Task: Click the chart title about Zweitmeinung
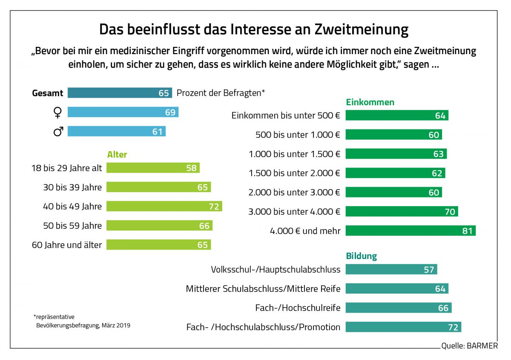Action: (254, 29)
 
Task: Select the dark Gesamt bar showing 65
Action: (119, 93)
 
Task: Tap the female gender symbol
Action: (57, 112)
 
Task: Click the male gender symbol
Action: (58, 132)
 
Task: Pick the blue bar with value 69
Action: (123, 112)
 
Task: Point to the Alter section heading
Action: (117, 155)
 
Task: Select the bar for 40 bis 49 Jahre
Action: (164, 207)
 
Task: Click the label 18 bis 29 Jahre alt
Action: (67, 168)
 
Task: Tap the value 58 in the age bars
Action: (191, 168)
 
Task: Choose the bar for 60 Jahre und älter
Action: (158, 245)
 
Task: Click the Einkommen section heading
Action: (370, 102)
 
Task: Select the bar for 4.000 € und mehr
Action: (411, 231)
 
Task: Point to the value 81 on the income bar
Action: (467, 231)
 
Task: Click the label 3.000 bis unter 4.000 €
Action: (294, 212)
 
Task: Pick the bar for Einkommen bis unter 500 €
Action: (397, 115)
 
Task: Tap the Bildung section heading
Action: (361, 256)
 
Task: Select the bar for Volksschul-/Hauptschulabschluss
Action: (391, 270)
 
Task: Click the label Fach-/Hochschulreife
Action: (298, 308)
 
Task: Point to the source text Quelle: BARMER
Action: (469, 346)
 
